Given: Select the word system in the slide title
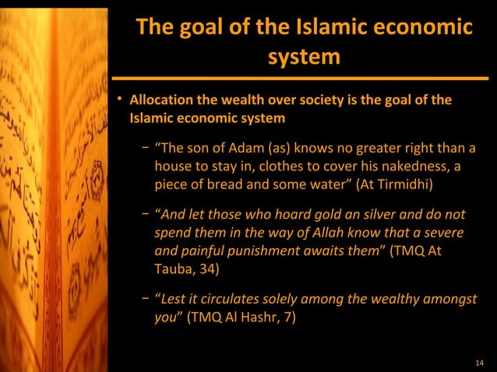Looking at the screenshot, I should pos(304,57).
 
